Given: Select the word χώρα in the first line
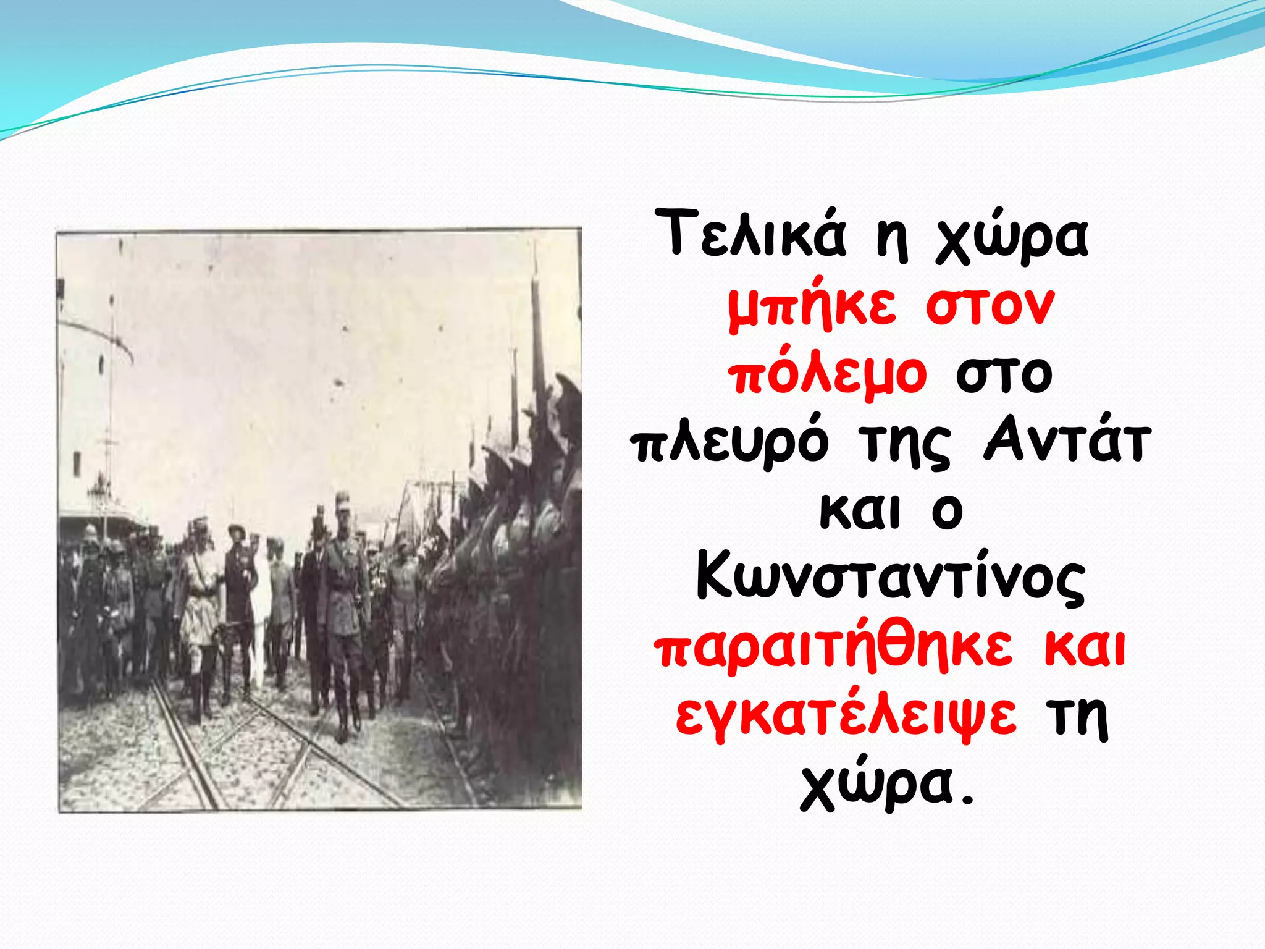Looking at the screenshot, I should point(1012,238).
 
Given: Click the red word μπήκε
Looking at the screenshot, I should point(812,307).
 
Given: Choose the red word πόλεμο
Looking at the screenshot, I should point(828,375).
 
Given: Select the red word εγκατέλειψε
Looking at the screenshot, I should point(846,717).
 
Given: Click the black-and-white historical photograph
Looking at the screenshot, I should point(319,519).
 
